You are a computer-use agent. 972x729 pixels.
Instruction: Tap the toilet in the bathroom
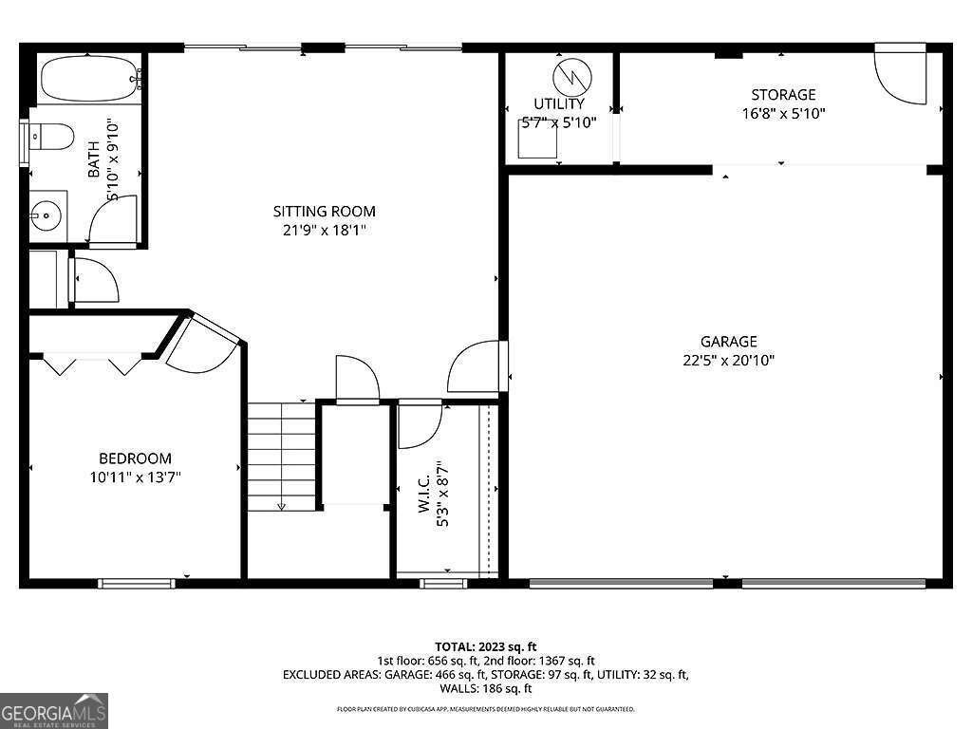coord(52,138)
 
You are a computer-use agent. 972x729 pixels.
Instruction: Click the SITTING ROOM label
coord(324,211)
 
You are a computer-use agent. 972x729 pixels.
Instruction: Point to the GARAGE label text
coord(728,341)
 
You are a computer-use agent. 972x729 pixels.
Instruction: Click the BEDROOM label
coord(136,458)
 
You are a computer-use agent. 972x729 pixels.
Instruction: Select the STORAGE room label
coord(783,94)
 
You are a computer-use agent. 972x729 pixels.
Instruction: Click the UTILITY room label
coord(559,103)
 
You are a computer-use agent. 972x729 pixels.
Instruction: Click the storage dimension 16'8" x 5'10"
coord(783,113)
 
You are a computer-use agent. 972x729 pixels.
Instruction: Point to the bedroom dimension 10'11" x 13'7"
coord(129,477)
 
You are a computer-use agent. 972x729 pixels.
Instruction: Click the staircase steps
coord(281,456)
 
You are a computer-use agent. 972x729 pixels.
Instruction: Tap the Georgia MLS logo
coord(54,710)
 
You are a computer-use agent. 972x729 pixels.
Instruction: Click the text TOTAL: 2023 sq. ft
coord(485,646)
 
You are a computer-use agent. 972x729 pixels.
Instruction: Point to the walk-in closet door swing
coord(417,424)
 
